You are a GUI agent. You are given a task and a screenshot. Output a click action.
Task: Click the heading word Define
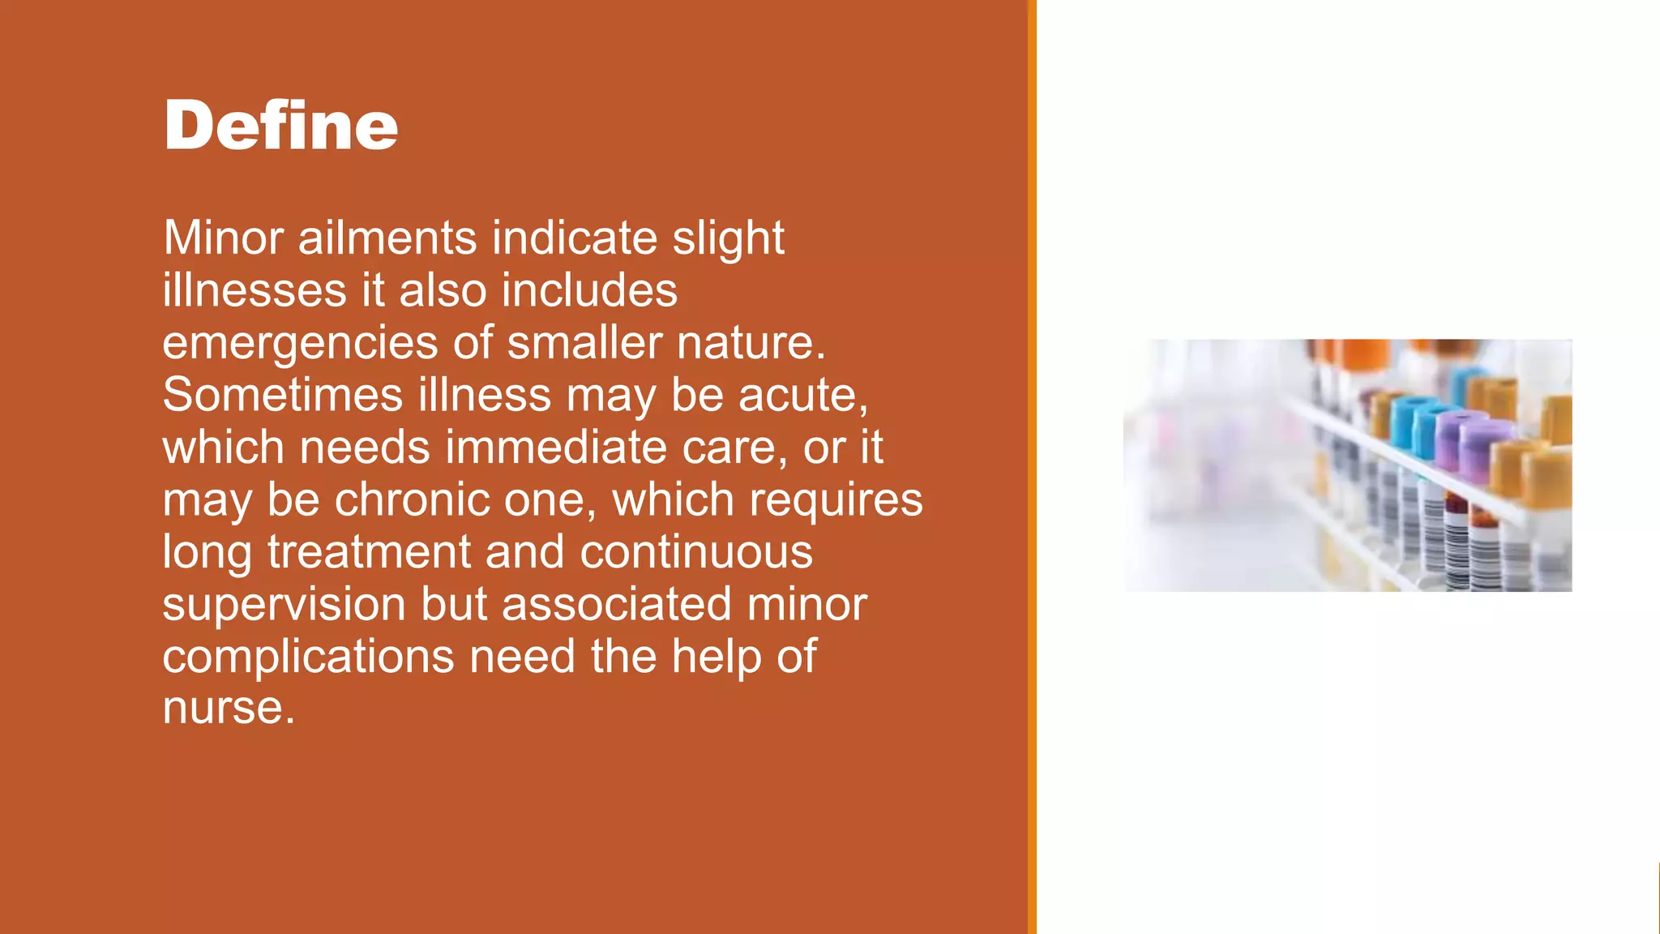pyautogui.click(x=280, y=125)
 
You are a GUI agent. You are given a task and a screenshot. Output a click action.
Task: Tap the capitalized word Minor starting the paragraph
pyautogui.click(x=223, y=238)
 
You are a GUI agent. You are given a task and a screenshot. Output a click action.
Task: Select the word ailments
pyautogui.click(x=387, y=238)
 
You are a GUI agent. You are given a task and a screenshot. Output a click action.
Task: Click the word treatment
pyautogui.click(x=369, y=552)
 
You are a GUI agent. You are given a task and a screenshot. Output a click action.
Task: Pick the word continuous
pyautogui.click(x=695, y=552)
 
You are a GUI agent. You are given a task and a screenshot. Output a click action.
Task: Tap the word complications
pyautogui.click(x=308, y=657)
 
